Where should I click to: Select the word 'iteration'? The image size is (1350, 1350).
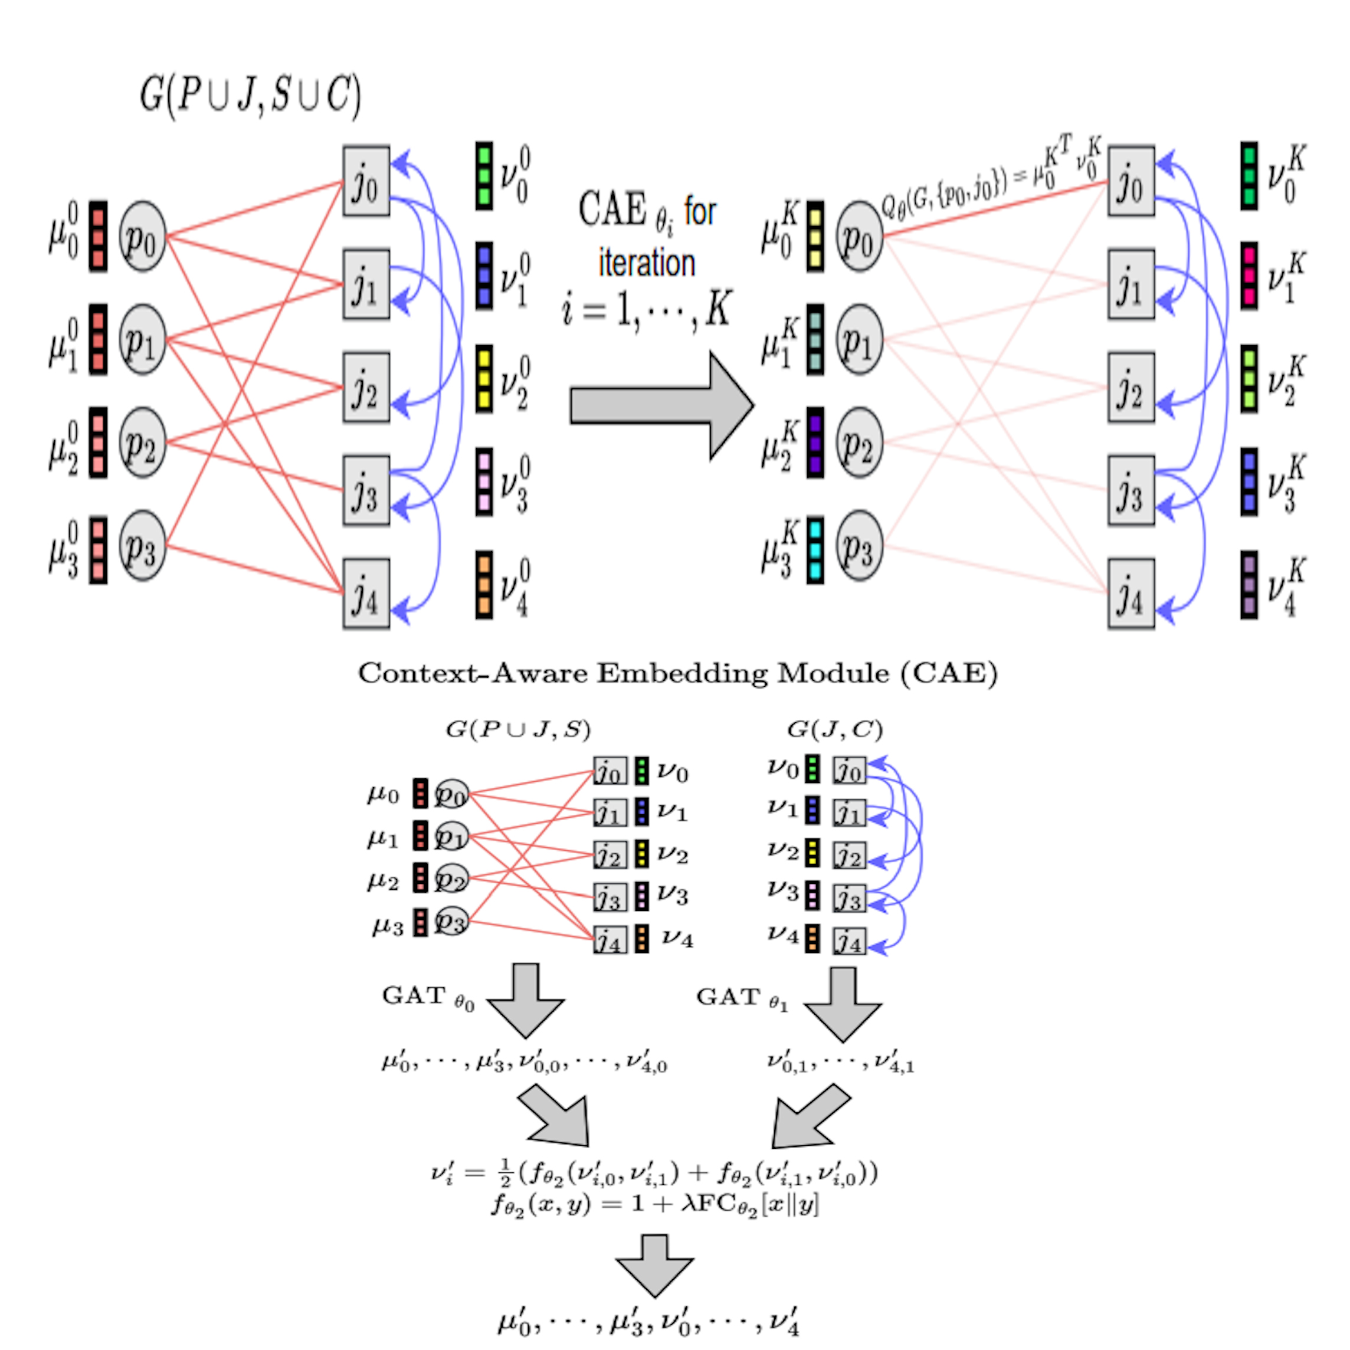(646, 263)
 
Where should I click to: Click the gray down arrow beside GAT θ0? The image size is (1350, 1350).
(526, 1000)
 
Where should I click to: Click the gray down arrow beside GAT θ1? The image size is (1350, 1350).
(843, 1004)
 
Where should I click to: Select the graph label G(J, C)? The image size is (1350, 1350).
(834, 729)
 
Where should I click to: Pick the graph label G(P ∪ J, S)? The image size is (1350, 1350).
(518, 729)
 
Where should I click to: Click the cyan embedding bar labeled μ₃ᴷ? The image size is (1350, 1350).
(815, 549)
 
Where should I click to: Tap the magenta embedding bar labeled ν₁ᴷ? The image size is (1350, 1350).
(1249, 276)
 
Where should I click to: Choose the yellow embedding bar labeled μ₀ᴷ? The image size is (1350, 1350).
(815, 236)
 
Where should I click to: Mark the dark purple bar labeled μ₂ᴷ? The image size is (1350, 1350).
(815, 443)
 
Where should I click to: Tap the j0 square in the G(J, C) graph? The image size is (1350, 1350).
(849, 770)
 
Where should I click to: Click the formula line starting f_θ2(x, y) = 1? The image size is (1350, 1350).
(655, 1204)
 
